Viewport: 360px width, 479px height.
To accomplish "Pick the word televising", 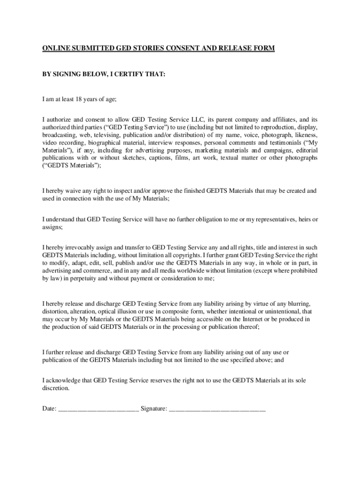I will pos(99,135).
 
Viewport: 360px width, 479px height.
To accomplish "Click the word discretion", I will pos(55,388).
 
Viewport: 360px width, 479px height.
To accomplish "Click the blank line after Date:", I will pos(98,409).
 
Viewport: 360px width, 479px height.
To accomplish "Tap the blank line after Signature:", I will pos(217,409).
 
